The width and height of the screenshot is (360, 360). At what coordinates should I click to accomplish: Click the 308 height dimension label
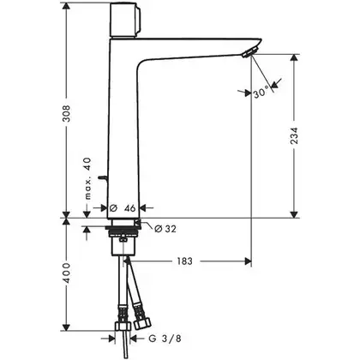pos(66,113)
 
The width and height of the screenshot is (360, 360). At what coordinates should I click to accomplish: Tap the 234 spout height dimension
pos(294,135)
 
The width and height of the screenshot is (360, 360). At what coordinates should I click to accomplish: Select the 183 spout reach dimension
pos(184,261)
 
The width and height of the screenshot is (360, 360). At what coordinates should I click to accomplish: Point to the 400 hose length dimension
pos(66,273)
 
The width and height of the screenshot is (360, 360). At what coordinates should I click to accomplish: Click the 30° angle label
pos(261,93)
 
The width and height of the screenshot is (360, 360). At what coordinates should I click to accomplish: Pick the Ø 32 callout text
pos(165,229)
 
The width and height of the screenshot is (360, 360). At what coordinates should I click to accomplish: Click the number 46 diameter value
pos(129,208)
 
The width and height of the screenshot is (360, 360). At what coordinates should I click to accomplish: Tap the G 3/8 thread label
pos(165,339)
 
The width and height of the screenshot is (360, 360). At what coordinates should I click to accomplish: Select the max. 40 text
pos(88,178)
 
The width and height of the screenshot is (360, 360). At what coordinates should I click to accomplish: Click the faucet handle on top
pos(125,20)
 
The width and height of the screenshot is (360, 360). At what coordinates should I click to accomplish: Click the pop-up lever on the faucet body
pos(102,178)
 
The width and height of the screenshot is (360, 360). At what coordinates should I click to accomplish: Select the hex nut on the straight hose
pos(123,327)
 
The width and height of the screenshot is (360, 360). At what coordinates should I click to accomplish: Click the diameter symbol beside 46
pos(113,208)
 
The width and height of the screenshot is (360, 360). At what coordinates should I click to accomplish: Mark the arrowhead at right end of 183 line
pos(248,261)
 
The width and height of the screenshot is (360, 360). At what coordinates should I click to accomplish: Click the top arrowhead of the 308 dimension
pos(66,6)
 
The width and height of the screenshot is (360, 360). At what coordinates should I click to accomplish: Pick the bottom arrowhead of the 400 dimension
pos(66,327)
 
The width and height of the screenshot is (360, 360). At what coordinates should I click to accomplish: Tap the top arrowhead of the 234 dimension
pos(294,57)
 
